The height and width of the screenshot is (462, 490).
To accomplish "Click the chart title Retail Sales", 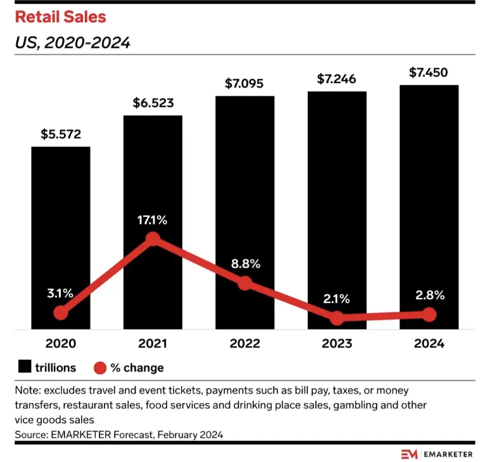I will coord(61,17).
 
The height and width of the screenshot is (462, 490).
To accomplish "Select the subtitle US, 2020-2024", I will coord(73,43).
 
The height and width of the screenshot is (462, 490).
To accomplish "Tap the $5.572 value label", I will coord(61,134).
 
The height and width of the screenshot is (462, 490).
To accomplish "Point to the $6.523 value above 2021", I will coord(153,103).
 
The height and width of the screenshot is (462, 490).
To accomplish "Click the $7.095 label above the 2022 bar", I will coord(244,83).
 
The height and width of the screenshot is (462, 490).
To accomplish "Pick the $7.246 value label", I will coord(337,79).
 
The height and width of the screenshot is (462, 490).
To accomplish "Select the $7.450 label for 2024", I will coord(429,72).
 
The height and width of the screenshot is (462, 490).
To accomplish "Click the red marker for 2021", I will coord(153,239).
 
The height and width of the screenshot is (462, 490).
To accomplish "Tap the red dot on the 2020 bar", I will coord(61,312).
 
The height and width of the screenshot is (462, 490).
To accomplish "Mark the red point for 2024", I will coord(429,314).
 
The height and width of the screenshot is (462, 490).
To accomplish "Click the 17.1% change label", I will coord(153,221).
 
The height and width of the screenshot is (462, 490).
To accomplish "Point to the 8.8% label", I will coord(244,264).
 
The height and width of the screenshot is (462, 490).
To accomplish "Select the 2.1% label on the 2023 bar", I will coord(337,298).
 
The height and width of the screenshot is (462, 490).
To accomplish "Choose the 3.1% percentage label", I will coord(61,293).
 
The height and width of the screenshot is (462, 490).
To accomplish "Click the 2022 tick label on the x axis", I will coord(244,344).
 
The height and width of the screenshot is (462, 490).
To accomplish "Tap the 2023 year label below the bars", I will coord(337,344).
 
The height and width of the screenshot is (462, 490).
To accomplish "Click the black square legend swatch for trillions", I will coord(25,367).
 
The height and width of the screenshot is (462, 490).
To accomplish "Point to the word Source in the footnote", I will coord(30,434).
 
